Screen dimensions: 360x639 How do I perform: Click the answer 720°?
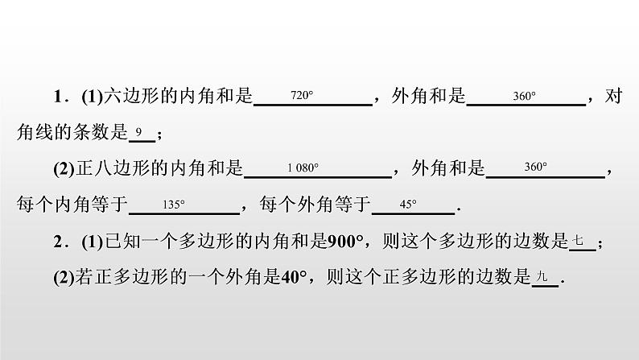[x=301, y=96]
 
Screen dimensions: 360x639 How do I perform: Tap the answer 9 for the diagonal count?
[x=139, y=131]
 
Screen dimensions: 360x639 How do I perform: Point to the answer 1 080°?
[x=303, y=168]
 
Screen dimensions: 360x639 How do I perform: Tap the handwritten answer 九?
[x=542, y=277]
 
